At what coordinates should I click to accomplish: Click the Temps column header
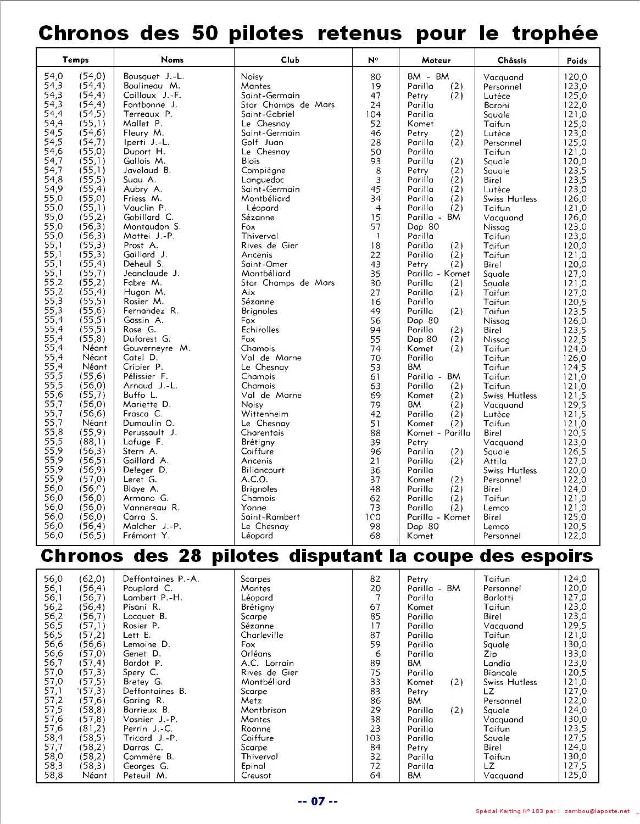tap(75, 59)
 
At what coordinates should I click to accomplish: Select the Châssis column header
tap(511, 60)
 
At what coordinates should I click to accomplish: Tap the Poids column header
tap(576, 60)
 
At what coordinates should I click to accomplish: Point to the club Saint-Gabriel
tap(268, 114)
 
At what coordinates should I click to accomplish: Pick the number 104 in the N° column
tap(374, 114)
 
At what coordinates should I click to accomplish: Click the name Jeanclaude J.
tap(151, 273)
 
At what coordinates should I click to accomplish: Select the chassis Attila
tap(495, 461)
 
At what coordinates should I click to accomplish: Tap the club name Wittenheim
tap(265, 414)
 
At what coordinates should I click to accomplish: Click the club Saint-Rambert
tap(270, 517)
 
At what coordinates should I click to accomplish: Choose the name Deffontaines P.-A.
tap(160, 578)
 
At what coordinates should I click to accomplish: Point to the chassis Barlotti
tap(498, 598)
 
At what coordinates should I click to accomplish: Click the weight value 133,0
tap(575, 654)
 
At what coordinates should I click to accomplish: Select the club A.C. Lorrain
tap(267, 663)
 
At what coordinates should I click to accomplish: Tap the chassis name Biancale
tap(500, 672)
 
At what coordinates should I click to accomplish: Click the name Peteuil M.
tap(145, 776)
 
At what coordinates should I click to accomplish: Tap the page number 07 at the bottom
tap(318, 801)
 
